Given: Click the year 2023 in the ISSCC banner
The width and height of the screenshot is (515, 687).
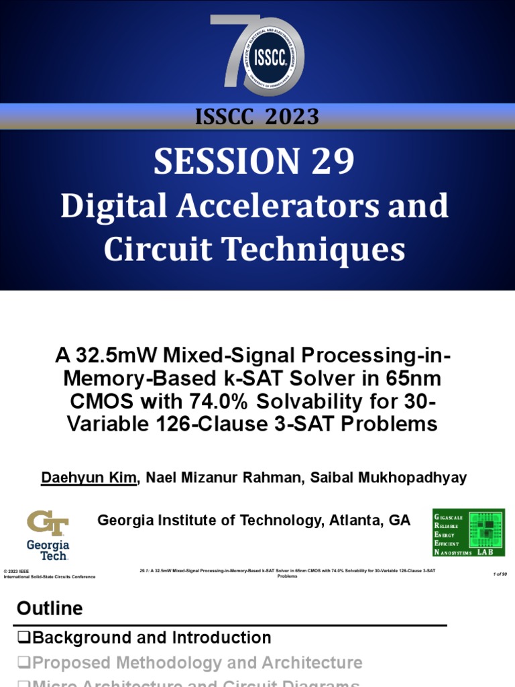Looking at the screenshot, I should pyautogui.click(x=292, y=117).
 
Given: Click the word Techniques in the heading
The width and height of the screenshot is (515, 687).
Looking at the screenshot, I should pyautogui.click(x=319, y=250).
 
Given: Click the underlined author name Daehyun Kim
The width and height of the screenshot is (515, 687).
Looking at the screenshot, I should pyautogui.click(x=89, y=478).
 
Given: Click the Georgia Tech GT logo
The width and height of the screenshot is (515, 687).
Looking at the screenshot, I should pyautogui.click(x=48, y=535).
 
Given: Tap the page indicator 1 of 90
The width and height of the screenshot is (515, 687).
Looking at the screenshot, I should pyautogui.click(x=499, y=574).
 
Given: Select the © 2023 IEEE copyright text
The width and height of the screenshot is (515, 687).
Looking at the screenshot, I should pyautogui.click(x=17, y=570).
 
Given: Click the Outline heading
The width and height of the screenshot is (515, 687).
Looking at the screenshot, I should pyautogui.click(x=50, y=609).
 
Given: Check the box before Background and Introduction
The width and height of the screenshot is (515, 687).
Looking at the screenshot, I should pyautogui.click(x=24, y=638).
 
